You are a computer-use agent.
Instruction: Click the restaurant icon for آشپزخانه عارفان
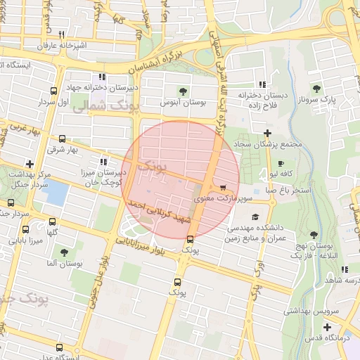click(x=62, y=34)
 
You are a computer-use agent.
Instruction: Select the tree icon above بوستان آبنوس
click(x=184, y=91)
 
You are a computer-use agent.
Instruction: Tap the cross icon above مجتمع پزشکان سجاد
click(x=267, y=133)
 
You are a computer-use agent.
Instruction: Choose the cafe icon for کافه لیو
click(x=272, y=172)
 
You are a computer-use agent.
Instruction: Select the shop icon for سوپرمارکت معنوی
click(x=224, y=188)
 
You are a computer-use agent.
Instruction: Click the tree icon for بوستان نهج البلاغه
click(x=313, y=236)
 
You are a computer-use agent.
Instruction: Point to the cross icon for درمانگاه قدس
click(x=327, y=327)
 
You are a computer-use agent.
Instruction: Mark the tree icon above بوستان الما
click(x=65, y=252)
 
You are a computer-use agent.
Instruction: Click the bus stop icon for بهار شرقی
click(x=63, y=139)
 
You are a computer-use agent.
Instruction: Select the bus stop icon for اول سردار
click(x=54, y=91)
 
